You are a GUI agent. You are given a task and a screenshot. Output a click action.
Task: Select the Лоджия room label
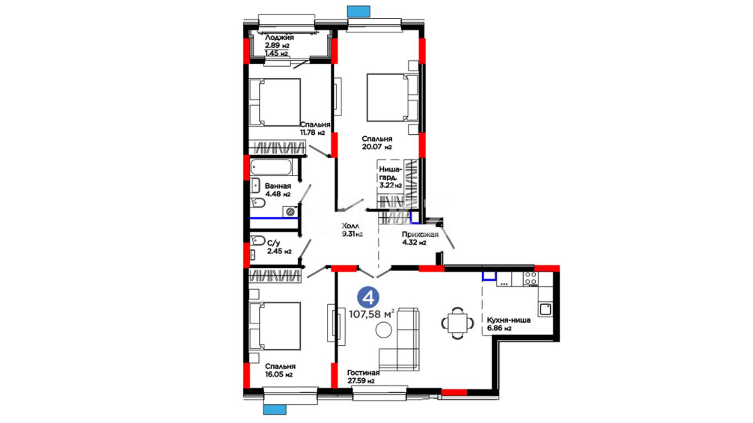[x=279, y=38]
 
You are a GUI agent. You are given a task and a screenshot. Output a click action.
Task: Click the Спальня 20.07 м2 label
[x=377, y=143]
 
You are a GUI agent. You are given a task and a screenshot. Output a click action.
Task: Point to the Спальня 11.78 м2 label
[x=315, y=128]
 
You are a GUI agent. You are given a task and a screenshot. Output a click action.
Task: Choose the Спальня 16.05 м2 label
[x=280, y=370]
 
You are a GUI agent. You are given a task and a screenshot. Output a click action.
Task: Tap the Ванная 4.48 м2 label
[x=278, y=190]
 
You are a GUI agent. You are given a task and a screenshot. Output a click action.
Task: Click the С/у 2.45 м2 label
[x=279, y=247]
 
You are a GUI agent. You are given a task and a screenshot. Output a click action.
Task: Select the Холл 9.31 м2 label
[x=352, y=230]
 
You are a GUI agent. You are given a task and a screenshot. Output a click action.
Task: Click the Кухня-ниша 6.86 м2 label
[x=509, y=324]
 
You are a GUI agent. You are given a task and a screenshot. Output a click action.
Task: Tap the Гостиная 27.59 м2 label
[x=363, y=376]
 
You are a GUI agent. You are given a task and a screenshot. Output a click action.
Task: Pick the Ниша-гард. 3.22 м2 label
[x=390, y=177]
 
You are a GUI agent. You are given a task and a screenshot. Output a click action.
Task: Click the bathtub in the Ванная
[x=271, y=168]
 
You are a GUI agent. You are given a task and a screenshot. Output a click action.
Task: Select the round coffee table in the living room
[x=384, y=330]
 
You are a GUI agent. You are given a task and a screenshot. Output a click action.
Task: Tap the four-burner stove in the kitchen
[x=531, y=279]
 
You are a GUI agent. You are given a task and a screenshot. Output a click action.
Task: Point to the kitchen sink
[x=546, y=309]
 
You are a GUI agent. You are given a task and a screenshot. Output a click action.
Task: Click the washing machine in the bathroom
[x=290, y=212]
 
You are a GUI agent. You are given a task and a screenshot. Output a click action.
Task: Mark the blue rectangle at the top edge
[x=358, y=11]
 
